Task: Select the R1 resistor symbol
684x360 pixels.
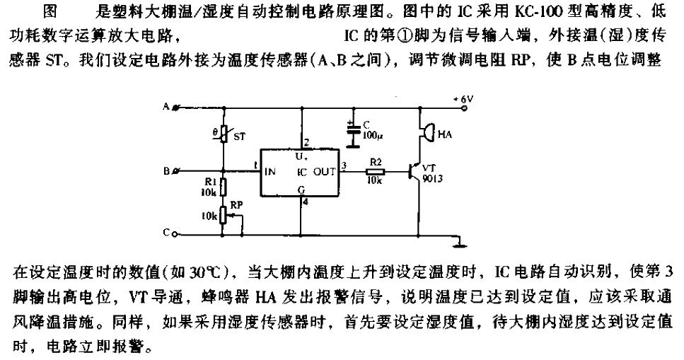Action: click(x=224, y=187)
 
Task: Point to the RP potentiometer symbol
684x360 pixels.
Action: click(x=226, y=216)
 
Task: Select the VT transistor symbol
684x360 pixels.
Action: click(x=414, y=172)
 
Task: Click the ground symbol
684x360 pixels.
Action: click(x=459, y=245)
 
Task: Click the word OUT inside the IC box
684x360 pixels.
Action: click(x=325, y=172)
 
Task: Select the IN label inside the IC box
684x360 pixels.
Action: click(x=270, y=172)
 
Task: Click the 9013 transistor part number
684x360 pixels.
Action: click(x=432, y=178)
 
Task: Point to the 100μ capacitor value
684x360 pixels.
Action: click(x=372, y=136)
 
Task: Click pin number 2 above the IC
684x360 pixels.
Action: click(x=306, y=143)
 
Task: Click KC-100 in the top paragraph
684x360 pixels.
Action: click(x=538, y=11)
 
